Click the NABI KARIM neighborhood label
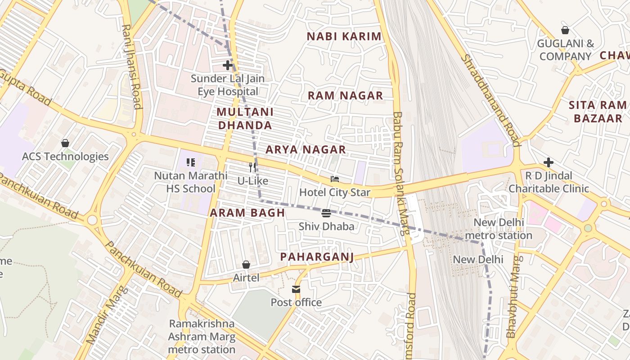point(344,36)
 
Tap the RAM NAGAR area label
point(345,95)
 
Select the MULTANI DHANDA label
point(245,118)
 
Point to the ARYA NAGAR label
point(306,149)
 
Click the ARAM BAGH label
point(247,213)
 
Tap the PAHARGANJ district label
point(317,257)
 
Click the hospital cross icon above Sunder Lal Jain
point(228,65)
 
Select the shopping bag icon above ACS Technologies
point(65,143)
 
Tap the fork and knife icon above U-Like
point(252,167)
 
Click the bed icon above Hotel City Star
point(334,179)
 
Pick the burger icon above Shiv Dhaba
point(326,213)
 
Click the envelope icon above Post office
point(296,289)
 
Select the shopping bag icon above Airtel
point(246,265)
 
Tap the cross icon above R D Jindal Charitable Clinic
point(548,162)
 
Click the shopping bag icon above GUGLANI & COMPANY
point(565,30)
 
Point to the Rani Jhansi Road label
point(131,67)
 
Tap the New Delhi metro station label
point(499,229)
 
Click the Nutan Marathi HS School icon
point(190,162)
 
